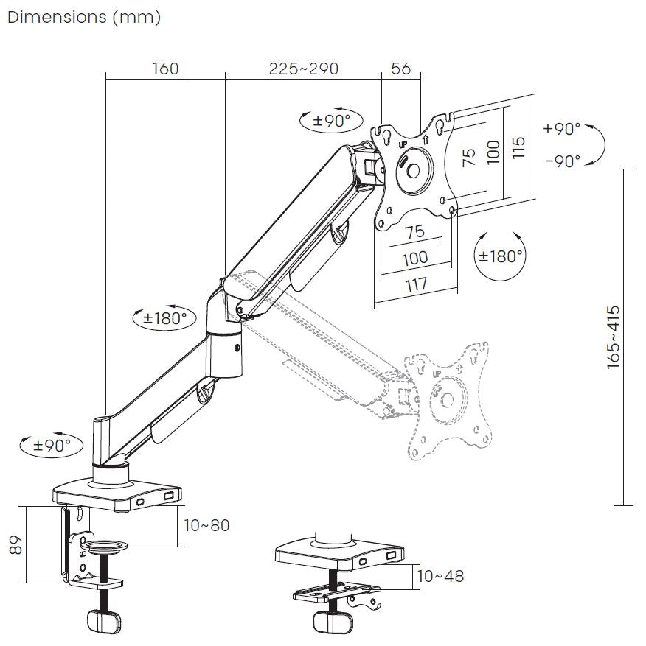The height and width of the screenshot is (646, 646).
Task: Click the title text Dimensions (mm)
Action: tap(83, 17)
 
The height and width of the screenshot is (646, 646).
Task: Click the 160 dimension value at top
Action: tap(165, 69)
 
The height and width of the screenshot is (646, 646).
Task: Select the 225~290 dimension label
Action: tap(304, 69)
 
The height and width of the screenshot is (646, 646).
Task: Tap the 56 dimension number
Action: tap(400, 69)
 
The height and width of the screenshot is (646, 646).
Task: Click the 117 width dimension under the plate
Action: tap(415, 284)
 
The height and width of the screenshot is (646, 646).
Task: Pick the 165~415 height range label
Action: tap(614, 337)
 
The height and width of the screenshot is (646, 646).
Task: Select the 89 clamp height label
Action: tap(17, 544)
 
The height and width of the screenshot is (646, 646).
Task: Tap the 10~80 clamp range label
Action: tap(207, 525)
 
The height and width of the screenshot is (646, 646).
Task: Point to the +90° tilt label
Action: tap(562, 128)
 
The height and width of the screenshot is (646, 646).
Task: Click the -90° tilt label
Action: tap(562, 161)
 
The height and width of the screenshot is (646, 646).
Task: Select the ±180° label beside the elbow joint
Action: tap(165, 318)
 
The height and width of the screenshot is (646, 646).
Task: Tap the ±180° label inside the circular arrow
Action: tap(501, 256)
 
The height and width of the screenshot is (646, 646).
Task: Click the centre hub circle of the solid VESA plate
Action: tap(411, 169)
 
